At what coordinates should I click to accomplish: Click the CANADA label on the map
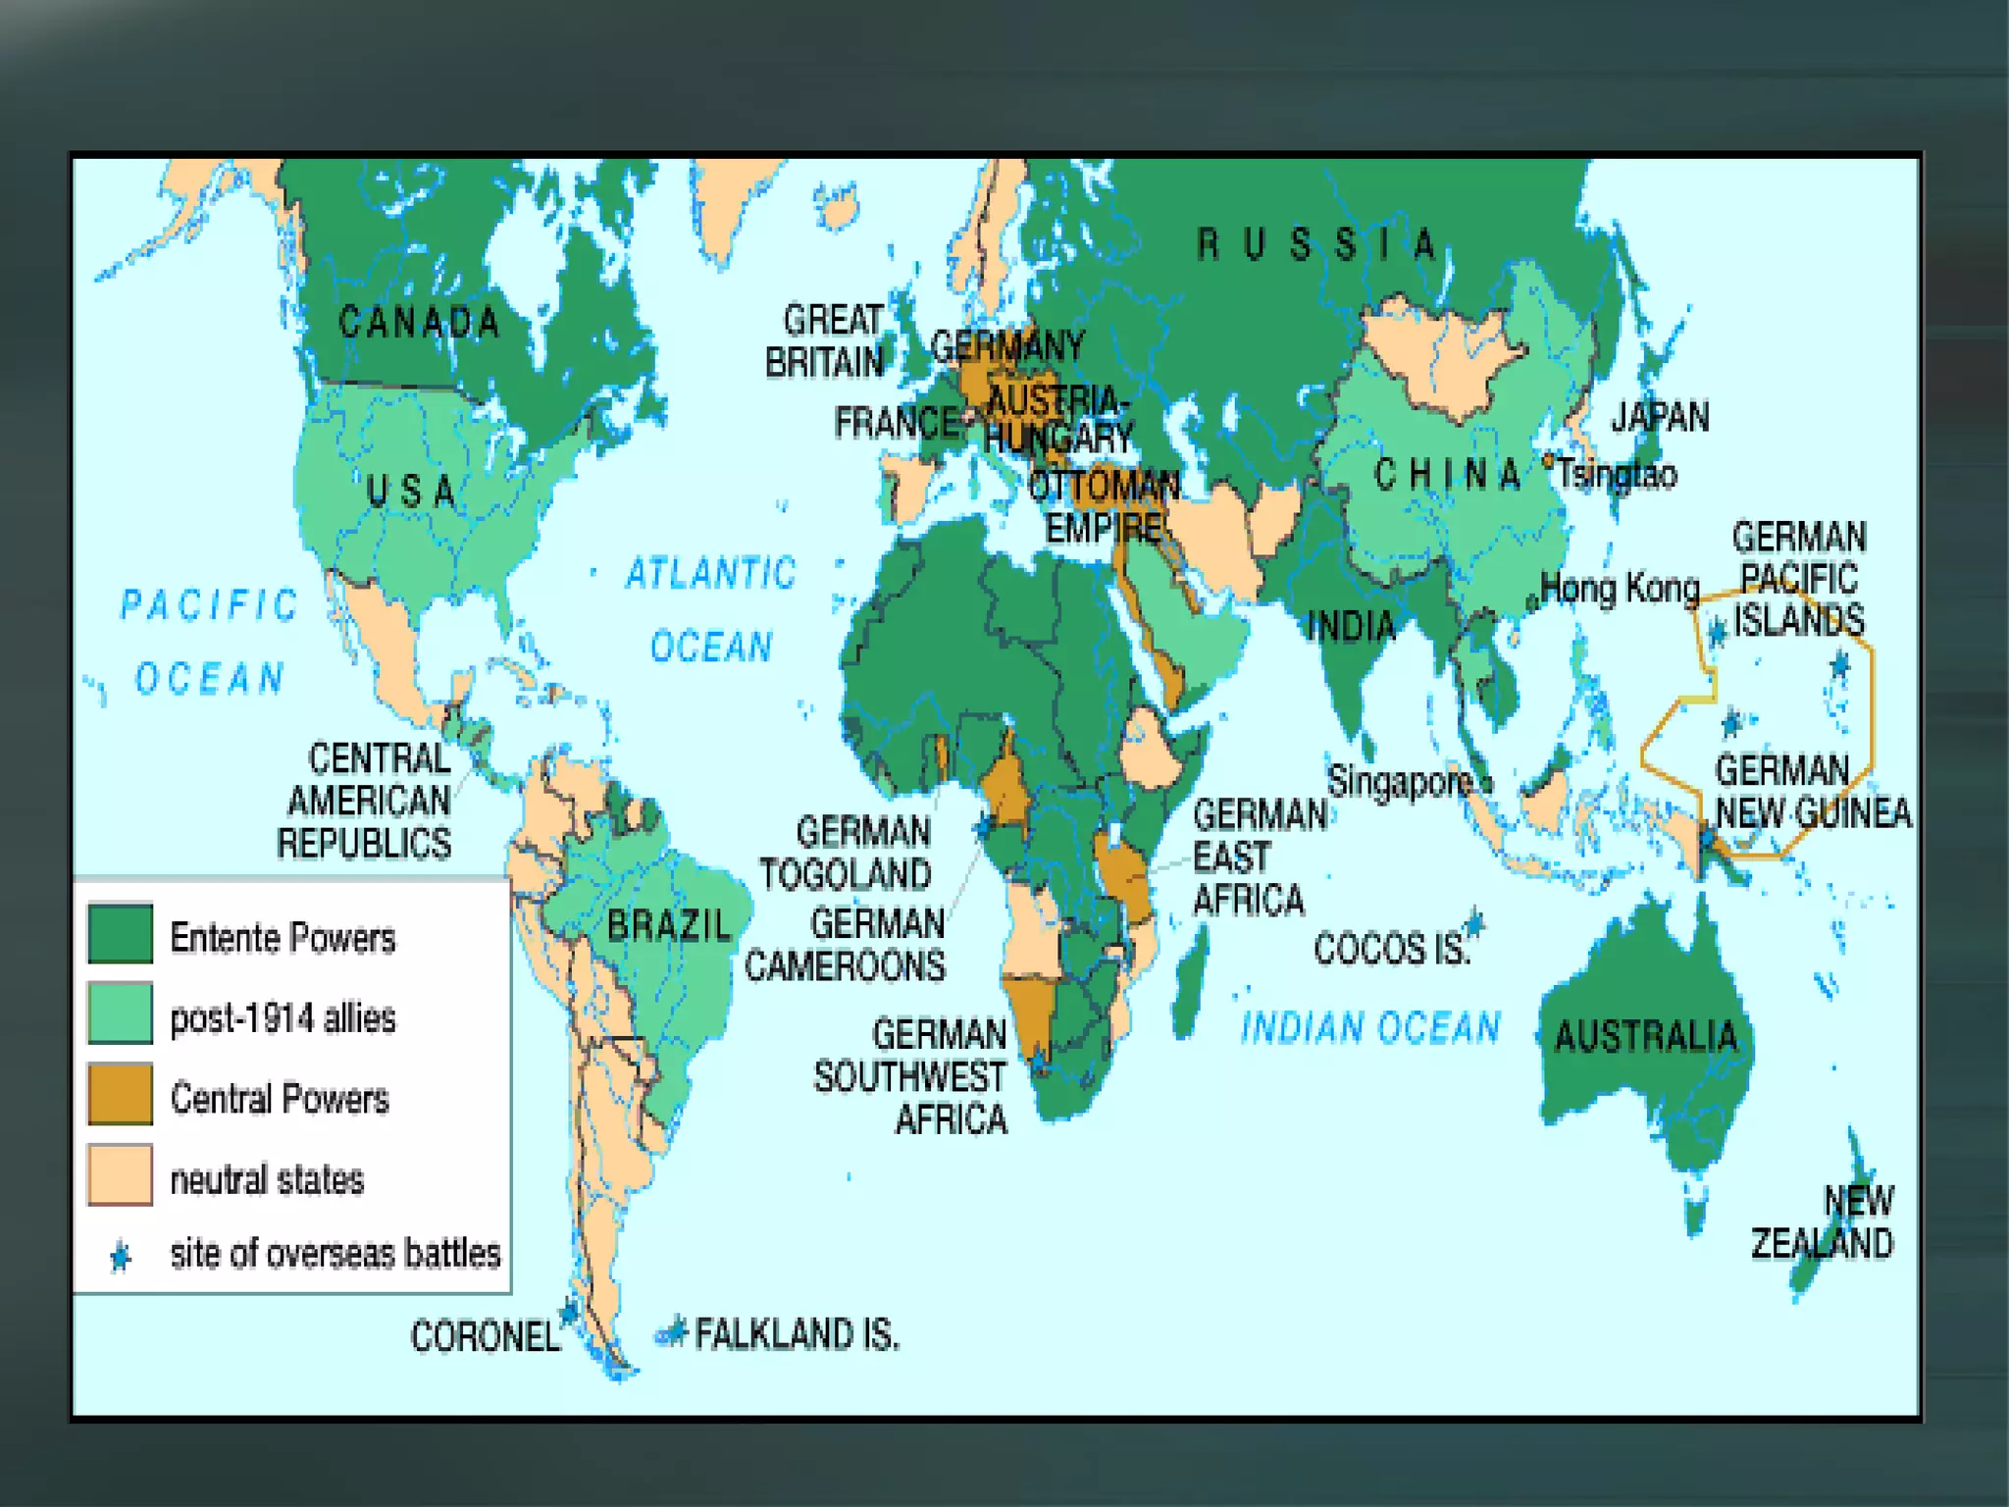(x=419, y=322)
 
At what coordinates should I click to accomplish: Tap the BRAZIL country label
(x=669, y=925)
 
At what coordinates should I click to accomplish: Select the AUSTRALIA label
(x=1646, y=1036)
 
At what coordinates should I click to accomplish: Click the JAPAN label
(x=1660, y=417)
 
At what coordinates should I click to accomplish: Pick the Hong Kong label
(x=1620, y=589)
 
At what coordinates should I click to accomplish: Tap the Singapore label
(x=1400, y=782)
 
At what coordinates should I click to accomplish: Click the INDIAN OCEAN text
(x=1370, y=1027)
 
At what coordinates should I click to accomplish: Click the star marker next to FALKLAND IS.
(x=674, y=1331)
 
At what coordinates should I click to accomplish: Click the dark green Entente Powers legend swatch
(x=120, y=933)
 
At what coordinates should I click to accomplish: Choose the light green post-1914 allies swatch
(x=120, y=1013)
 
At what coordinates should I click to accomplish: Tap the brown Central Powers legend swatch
(x=120, y=1094)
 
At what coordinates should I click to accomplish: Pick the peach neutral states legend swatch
(x=120, y=1174)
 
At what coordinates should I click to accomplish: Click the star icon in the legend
(x=121, y=1256)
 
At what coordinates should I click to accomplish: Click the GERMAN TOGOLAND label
(x=846, y=853)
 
